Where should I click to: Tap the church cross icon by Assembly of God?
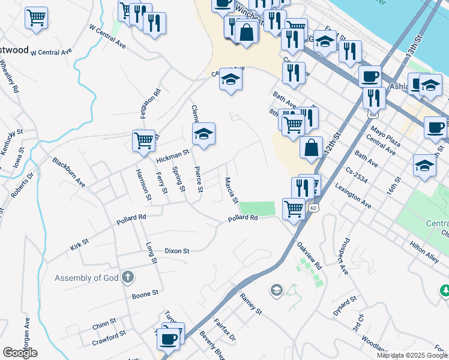[x=127, y=277]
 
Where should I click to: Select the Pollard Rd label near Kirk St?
[x=131, y=220]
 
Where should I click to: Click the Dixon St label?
[x=177, y=251]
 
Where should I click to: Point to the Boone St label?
[x=145, y=294]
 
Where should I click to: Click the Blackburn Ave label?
[x=68, y=173]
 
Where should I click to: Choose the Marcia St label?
[x=231, y=190]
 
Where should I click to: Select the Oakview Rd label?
[x=310, y=256]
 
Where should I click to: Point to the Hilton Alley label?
[x=424, y=249]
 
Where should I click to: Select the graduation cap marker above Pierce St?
[x=204, y=134]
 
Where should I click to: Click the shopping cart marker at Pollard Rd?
[x=294, y=209]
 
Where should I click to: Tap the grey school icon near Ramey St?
[x=276, y=291]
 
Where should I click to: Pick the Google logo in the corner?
[x=20, y=352]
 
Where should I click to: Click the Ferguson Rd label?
[x=157, y=102]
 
